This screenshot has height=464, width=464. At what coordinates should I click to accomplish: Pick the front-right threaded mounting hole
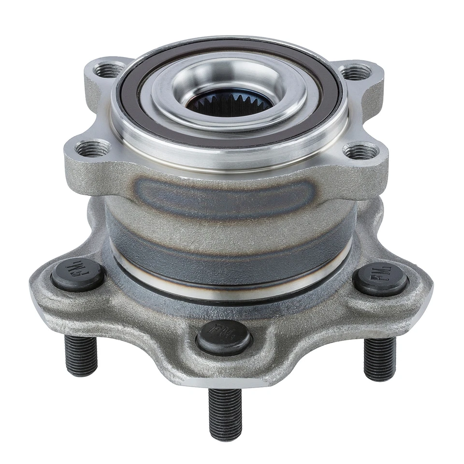(x=361, y=151)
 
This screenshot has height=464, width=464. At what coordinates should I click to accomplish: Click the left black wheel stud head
(x=78, y=275)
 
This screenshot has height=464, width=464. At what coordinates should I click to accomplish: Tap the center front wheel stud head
(x=224, y=336)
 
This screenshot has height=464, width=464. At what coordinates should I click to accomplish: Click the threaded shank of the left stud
(x=81, y=355)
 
